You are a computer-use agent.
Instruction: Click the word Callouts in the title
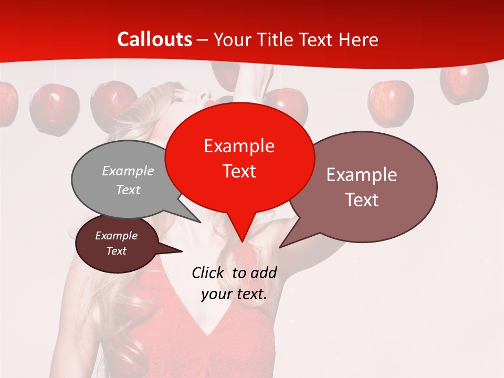pyautogui.click(x=154, y=39)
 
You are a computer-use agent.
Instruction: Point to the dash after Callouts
pyautogui.click(x=203, y=40)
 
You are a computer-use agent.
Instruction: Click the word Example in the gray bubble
pyautogui.click(x=128, y=171)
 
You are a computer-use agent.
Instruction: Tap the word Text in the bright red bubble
pyautogui.click(x=239, y=171)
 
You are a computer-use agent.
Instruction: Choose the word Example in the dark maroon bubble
pyautogui.click(x=117, y=236)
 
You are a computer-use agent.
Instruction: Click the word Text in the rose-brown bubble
pyautogui.click(x=362, y=200)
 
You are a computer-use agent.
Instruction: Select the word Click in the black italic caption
pyautogui.click(x=208, y=272)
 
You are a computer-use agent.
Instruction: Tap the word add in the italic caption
pyautogui.click(x=264, y=272)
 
